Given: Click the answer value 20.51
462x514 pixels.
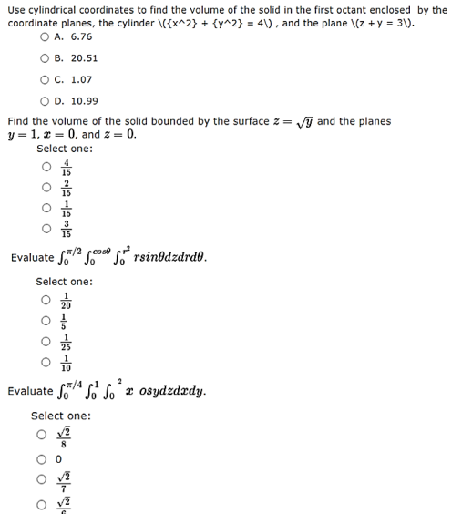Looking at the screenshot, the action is pos(83,58).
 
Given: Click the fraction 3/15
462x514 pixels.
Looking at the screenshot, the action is pos(66,228).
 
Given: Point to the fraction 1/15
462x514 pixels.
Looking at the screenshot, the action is pos(66,208).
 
